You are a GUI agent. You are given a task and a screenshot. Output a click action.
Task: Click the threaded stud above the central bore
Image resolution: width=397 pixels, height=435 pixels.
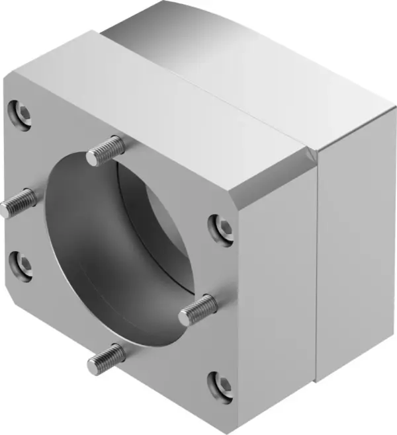[107, 150]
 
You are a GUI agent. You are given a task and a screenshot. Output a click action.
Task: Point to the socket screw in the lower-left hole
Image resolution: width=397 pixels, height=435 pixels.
[22, 265]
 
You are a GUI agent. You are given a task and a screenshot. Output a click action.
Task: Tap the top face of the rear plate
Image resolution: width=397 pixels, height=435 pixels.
[251, 59]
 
